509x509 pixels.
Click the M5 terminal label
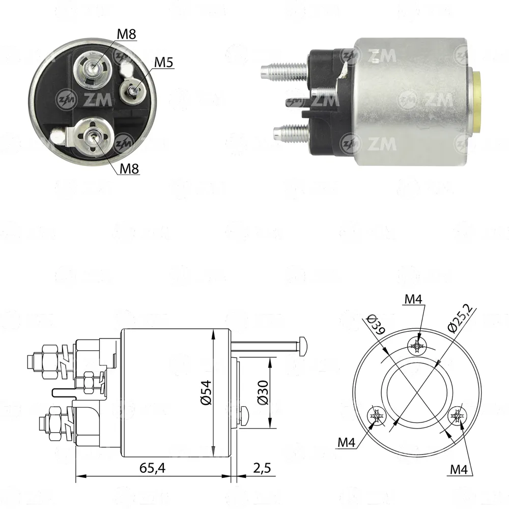(163, 62)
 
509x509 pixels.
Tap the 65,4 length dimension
(153, 468)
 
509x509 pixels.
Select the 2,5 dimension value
(262, 468)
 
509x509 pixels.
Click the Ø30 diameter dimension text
(263, 392)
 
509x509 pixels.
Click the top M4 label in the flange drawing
(413, 299)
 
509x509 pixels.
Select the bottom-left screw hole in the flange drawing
(377, 415)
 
